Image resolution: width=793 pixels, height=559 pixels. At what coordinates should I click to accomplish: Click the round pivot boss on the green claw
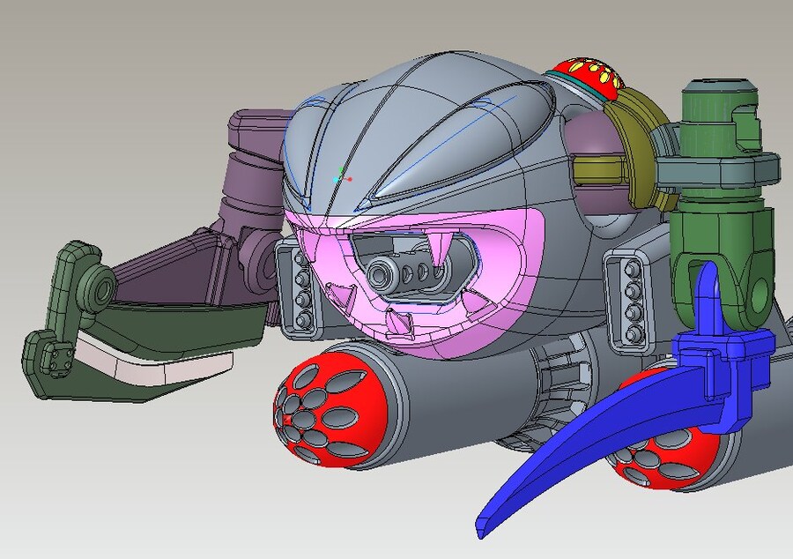pyautogui.click(x=97, y=289)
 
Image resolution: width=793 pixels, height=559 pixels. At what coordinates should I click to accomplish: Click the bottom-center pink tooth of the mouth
pyautogui.click(x=401, y=324)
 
